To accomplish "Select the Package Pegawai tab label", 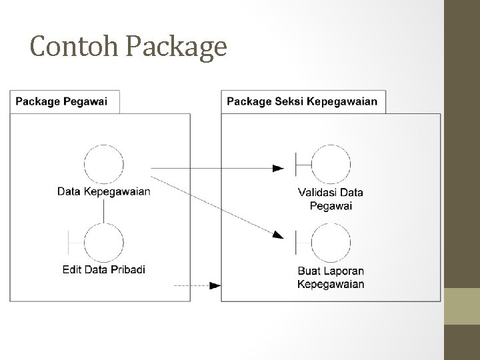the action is pyautogui.click(x=65, y=102).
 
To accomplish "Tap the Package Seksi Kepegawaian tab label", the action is pyautogui.click(x=302, y=102).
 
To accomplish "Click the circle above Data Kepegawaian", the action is pyautogui.click(x=104, y=164).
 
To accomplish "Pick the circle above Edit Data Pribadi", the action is pyautogui.click(x=104, y=243).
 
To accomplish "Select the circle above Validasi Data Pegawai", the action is pyautogui.click(x=331, y=164).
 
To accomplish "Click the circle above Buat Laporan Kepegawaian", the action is pyautogui.click(x=331, y=243).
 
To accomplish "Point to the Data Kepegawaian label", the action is pyautogui.click(x=104, y=192).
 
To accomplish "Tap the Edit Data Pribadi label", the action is pyautogui.click(x=104, y=270).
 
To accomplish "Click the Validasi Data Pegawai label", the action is pyautogui.click(x=331, y=199).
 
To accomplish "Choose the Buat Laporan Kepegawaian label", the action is pyautogui.click(x=331, y=277).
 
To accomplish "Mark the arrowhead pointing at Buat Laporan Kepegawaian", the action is pyautogui.click(x=277, y=233).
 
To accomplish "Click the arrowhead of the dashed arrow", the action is pyautogui.click(x=215, y=285).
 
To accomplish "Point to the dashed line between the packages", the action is pyautogui.click(x=191, y=285).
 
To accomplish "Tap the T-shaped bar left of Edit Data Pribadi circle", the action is pyautogui.click(x=70, y=243).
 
